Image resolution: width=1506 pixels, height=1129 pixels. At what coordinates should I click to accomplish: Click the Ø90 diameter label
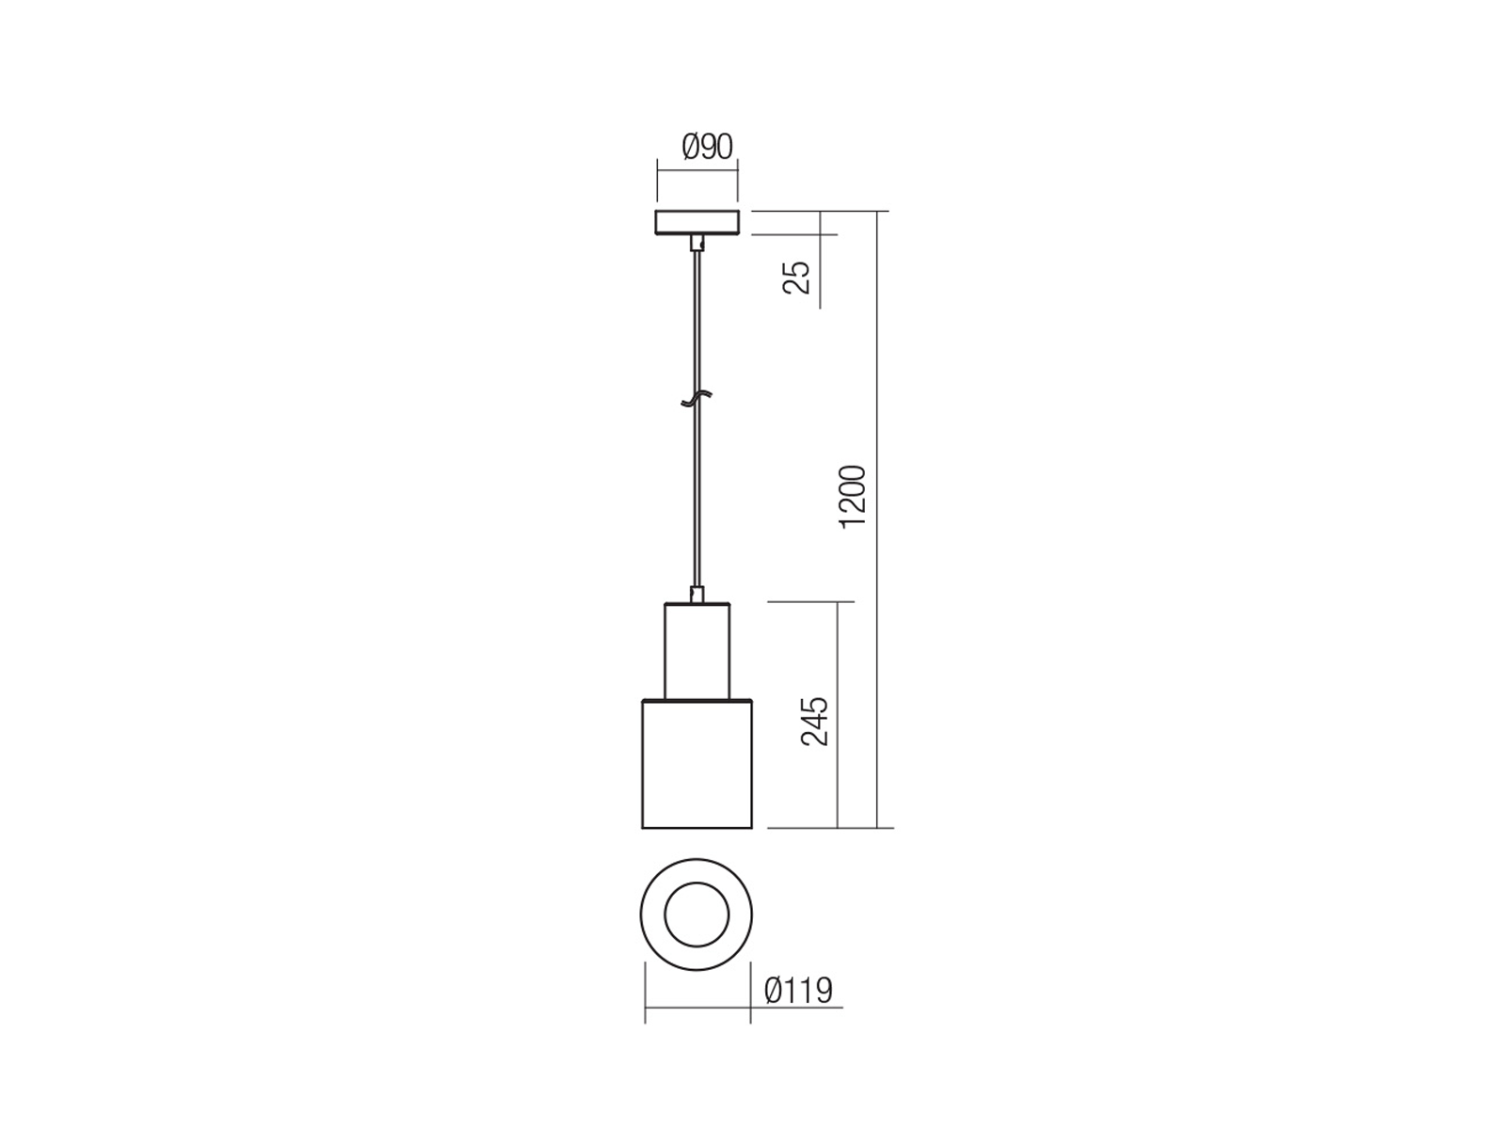(x=708, y=148)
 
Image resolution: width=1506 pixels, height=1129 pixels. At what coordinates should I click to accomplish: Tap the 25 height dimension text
(x=796, y=278)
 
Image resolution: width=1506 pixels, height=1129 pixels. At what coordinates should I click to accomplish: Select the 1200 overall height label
(x=853, y=497)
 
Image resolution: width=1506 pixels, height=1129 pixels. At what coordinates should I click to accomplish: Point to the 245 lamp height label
(x=814, y=721)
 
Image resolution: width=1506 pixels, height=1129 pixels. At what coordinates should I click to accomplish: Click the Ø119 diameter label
(x=798, y=990)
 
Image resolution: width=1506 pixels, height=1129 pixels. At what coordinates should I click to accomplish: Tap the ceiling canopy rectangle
(x=697, y=223)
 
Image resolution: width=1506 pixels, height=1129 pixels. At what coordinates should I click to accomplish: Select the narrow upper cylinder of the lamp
(x=697, y=650)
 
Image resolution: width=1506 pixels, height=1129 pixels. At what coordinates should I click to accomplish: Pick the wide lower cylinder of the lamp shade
(x=697, y=764)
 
